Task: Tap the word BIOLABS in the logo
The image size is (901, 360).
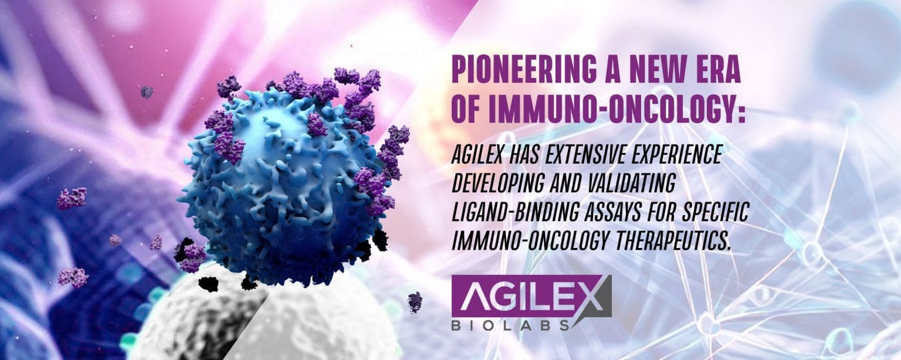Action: [x=514, y=324]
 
